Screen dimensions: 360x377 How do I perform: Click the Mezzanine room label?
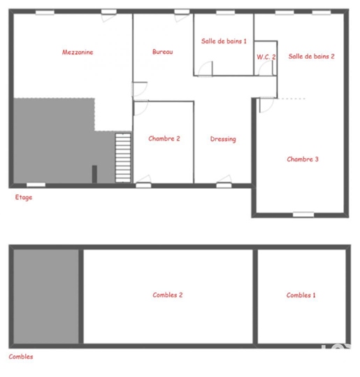[78, 52]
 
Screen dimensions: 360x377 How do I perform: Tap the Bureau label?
[162, 52]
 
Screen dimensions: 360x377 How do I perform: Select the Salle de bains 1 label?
[224, 41]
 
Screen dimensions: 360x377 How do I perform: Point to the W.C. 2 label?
[266, 57]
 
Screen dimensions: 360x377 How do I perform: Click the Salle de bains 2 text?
[311, 56]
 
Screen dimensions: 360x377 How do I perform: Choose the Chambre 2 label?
[164, 138]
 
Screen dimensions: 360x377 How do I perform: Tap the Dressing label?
[223, 139]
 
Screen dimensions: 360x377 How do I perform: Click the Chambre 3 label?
[303, 159]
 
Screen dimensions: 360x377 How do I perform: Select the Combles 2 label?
[168, 295]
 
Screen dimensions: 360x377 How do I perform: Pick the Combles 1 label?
[301, 295]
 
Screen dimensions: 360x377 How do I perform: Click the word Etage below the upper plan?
[24, 197]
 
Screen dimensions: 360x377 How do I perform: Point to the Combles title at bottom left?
[21, 357]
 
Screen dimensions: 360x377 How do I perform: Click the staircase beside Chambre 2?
[123, 158]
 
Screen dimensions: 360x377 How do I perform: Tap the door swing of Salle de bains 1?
[206, 69]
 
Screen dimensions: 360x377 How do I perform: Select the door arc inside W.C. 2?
[266, 68]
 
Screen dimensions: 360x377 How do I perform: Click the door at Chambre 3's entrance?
[267, 105]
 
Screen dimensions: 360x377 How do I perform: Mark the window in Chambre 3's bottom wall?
[303, 215]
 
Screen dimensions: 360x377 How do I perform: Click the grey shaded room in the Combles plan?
[46, 297]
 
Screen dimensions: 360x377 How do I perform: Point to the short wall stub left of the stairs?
[94, 174]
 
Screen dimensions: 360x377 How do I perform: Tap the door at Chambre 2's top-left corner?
[141, 108]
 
